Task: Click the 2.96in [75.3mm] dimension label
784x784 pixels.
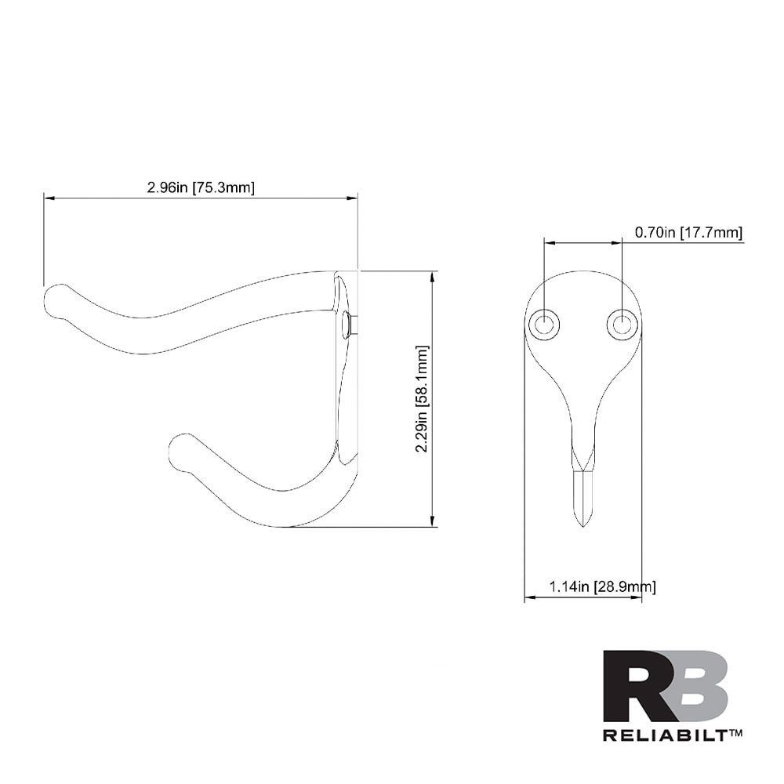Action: tap(201, 187)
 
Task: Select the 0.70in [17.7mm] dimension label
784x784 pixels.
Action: tap(688, 233)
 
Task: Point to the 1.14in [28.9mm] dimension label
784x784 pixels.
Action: tap(602, 586)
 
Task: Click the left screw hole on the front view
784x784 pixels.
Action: tap(543, 324)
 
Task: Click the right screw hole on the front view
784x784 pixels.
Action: tap(622, 324)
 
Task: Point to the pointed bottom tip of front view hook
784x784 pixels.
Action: tap(582, 524)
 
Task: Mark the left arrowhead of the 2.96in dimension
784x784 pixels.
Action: tap(48, 198)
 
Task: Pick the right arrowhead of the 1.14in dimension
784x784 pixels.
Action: tap(637, 598)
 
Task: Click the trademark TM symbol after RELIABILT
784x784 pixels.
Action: tap(735, 733)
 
